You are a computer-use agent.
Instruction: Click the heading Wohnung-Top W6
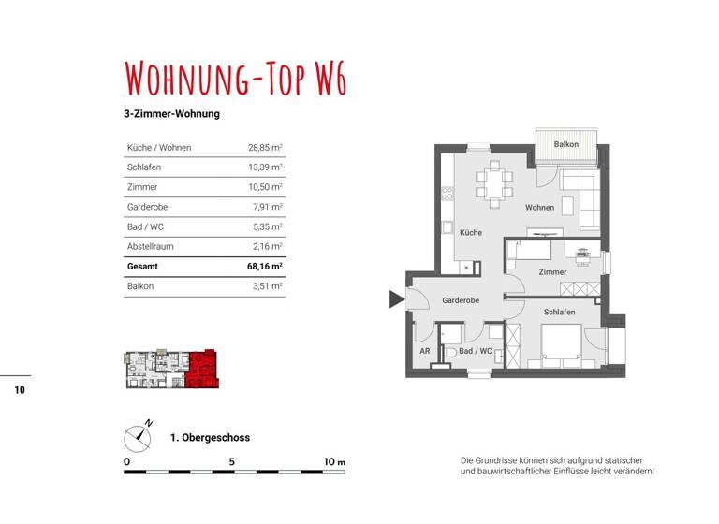235,80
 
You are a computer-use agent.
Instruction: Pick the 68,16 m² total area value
264,266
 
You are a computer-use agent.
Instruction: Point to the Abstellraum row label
150,246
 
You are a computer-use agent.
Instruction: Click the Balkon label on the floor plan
565,145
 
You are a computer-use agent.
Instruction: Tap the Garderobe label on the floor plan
461,300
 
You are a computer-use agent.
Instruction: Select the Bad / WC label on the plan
476,351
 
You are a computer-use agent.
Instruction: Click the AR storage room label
424,351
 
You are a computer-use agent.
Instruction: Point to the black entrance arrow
396,299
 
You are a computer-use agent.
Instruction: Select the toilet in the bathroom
450,352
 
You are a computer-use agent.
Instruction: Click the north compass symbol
139,435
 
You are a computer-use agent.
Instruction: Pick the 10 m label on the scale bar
334,462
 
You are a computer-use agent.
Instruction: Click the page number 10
20,390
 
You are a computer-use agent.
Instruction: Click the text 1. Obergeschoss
210,437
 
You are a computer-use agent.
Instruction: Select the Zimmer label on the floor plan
552,272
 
